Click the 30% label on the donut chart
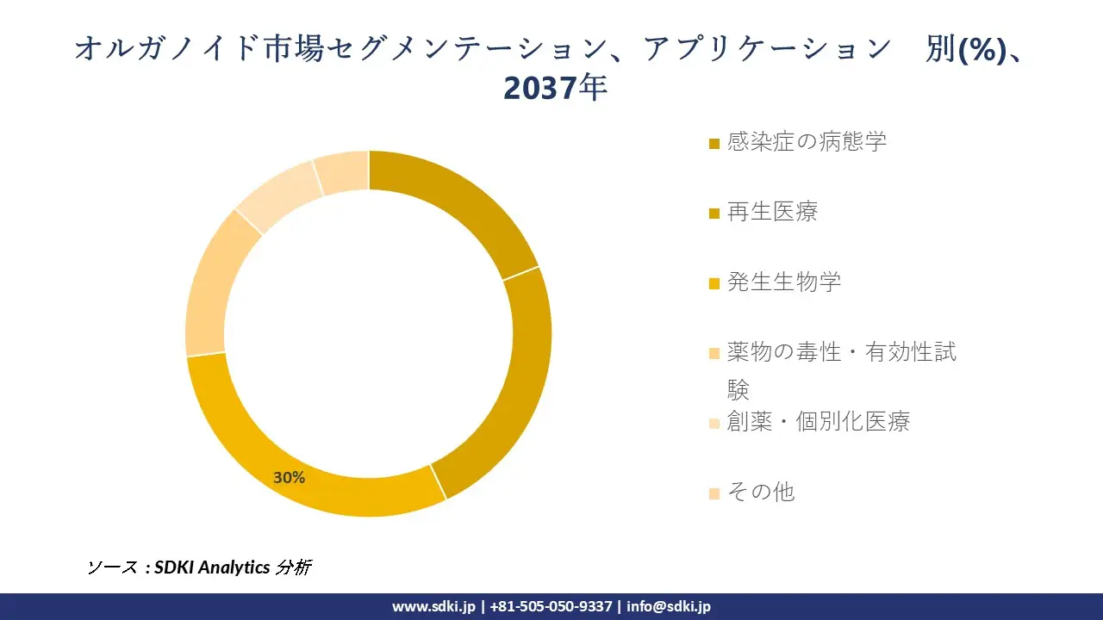290,477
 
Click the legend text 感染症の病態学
807,142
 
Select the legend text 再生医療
772,212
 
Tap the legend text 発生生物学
784,282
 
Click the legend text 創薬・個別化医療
819,422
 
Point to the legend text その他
761,493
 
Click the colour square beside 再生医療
714,214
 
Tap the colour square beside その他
714,493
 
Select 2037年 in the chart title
556,88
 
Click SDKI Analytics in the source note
212,567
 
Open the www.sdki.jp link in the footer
433,606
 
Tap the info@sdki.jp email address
669,606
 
